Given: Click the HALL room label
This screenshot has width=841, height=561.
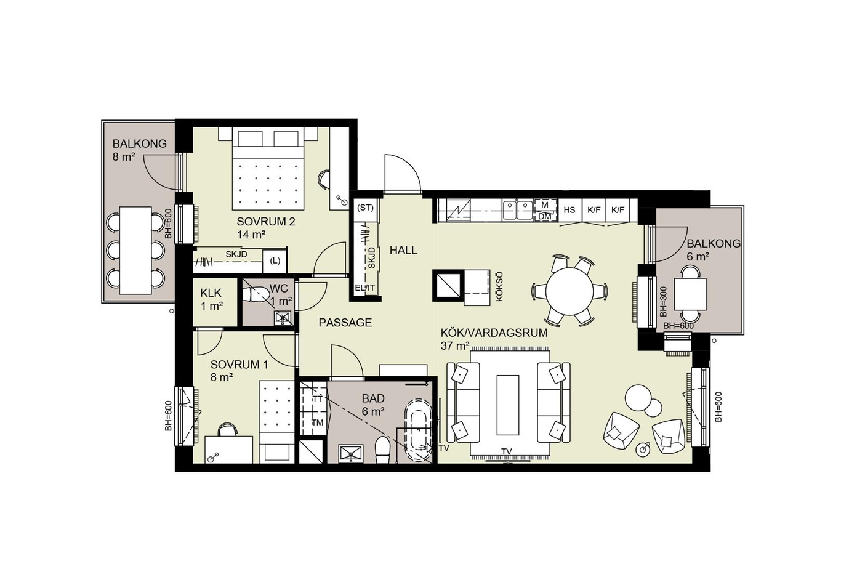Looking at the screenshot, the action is (403, 250).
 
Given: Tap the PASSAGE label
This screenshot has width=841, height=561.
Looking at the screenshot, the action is (345, 323).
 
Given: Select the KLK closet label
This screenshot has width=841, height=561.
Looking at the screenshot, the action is (211, 293).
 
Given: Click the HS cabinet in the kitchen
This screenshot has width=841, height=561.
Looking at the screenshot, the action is (569, 210).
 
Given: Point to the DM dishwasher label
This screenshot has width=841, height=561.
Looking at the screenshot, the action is (544, 217).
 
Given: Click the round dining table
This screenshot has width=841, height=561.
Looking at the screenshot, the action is (569, 291).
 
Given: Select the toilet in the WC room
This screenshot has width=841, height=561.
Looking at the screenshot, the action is (253, 294).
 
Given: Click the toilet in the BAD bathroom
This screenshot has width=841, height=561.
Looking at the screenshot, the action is (384, 450).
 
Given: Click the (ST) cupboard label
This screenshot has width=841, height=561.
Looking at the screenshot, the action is (365, 208).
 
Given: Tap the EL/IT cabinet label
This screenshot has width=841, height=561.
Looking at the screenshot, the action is (365, 288).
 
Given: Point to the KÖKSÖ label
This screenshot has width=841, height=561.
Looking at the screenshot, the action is (499, 286).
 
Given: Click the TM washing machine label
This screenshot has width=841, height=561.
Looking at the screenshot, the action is (317, 423).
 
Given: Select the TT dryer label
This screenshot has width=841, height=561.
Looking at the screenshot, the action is (317, 399).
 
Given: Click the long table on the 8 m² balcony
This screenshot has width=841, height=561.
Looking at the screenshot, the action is (135, 251).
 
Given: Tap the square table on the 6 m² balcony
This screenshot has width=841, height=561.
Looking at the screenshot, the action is (690, 294).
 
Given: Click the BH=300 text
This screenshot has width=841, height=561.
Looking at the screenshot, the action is (663, 302).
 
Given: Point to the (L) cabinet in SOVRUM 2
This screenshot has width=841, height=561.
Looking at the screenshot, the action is (275, 261).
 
